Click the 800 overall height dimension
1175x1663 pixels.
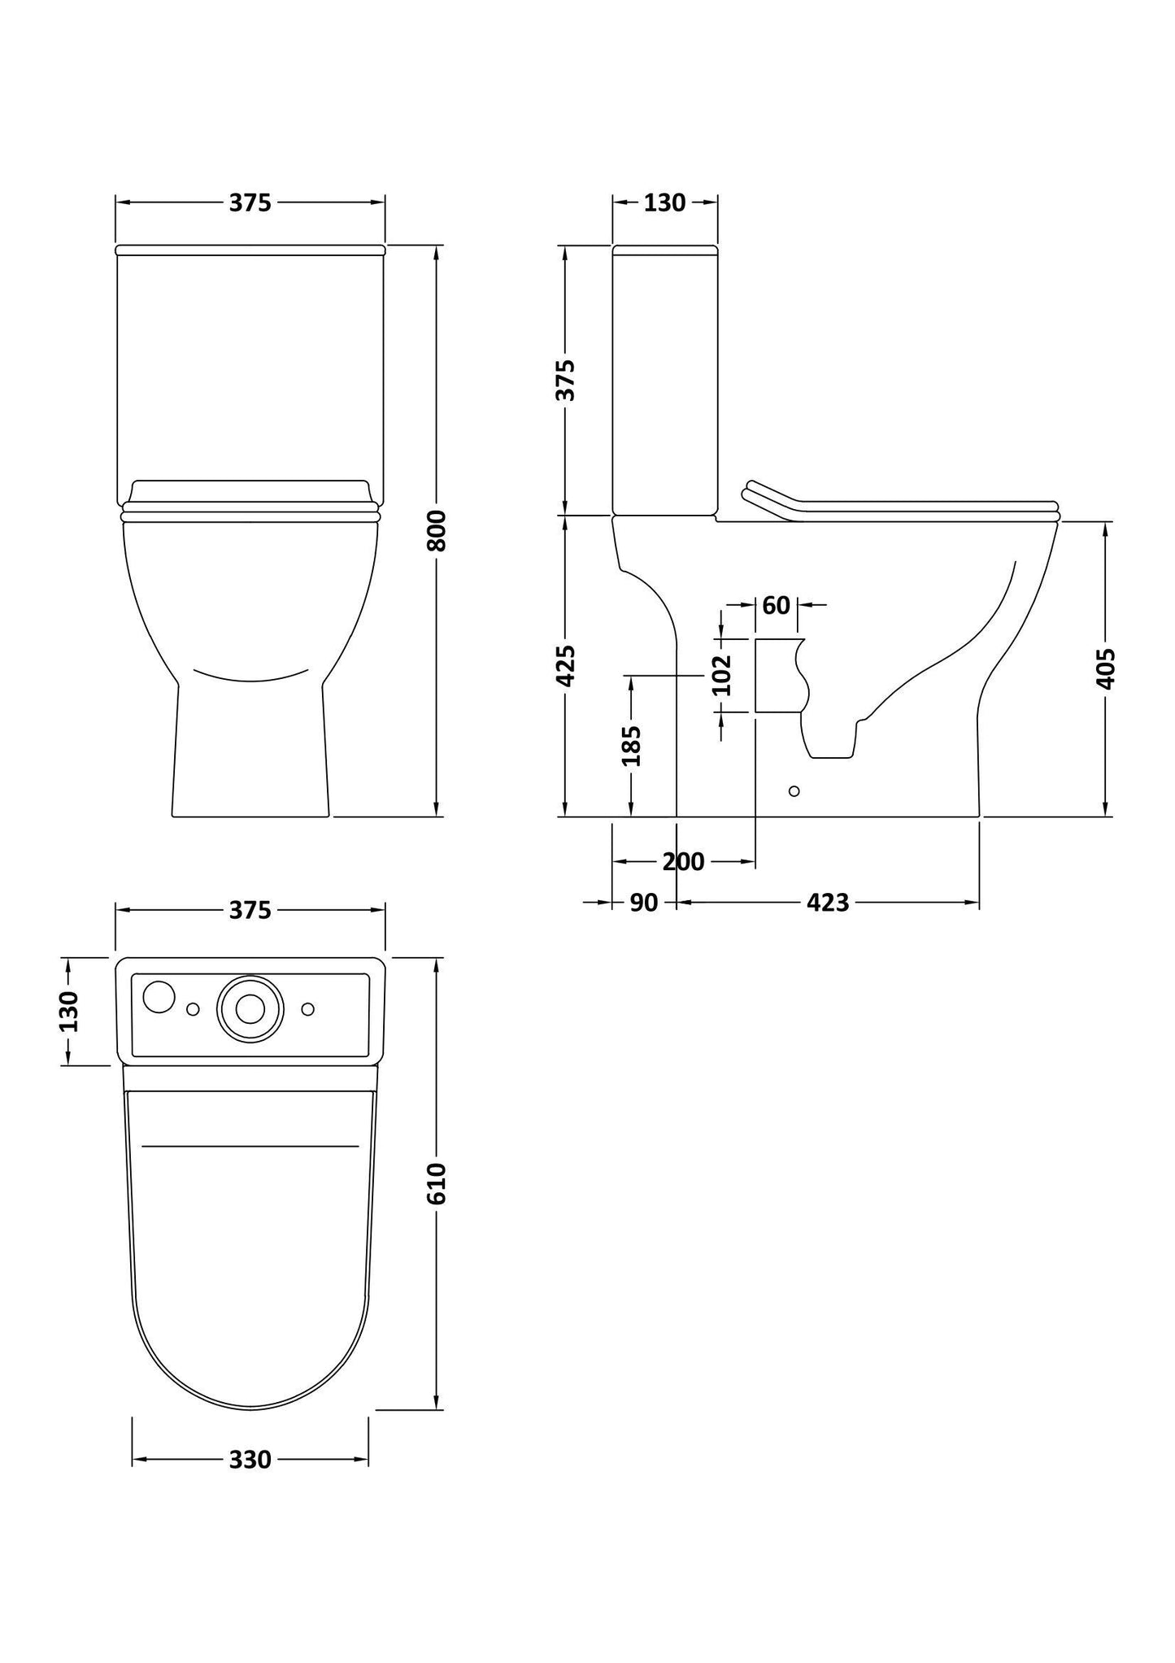[437, 530]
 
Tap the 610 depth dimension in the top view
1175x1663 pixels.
[437, 1183]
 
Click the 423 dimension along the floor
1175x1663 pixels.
[828, 902]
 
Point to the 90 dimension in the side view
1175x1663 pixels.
[643, 902]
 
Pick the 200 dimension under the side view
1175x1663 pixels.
[683, 861]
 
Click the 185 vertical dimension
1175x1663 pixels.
[631, 745]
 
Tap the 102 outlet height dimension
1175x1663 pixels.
[722, 675]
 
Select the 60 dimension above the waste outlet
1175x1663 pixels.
[776, 605]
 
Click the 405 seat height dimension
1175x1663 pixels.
[1105, 668]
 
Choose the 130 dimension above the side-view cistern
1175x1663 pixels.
[664, 202]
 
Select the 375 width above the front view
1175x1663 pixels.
[250, 202]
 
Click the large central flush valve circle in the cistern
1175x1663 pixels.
[250, 1008]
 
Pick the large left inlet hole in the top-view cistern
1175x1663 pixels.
[159, 997]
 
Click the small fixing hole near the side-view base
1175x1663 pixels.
[794, 790]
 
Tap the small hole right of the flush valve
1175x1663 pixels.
[307, 1009]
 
